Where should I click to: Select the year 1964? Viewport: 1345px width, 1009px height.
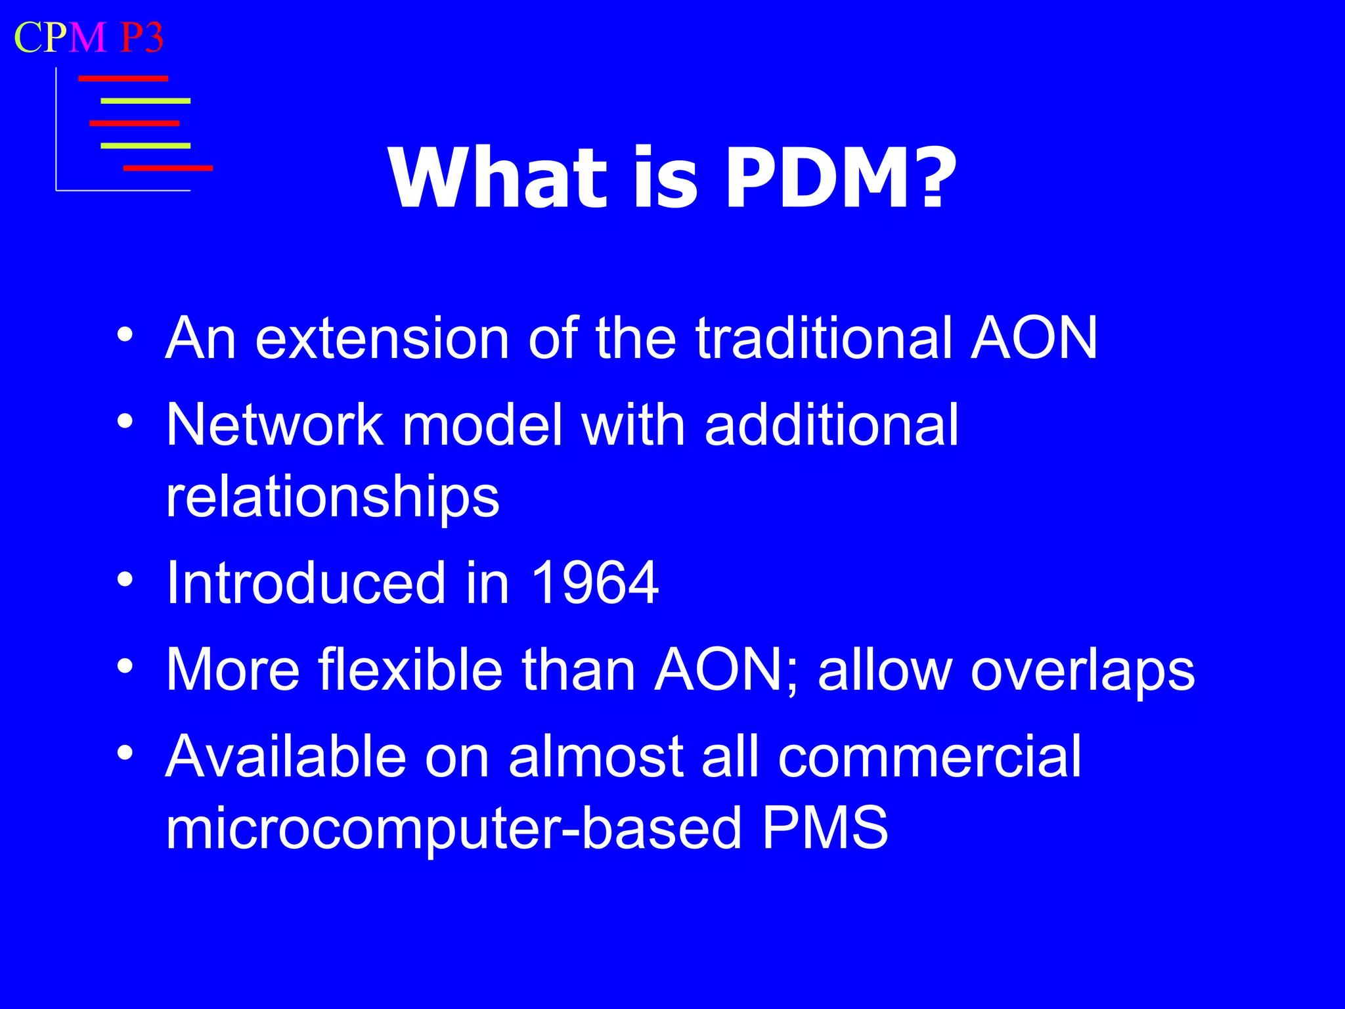(594, 583)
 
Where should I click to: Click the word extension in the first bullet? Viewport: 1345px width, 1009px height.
(382, 338)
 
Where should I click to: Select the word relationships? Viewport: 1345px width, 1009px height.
(332, 497)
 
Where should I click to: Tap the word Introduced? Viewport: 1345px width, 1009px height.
(306, 583)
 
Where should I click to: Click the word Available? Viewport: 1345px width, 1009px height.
(286, 757)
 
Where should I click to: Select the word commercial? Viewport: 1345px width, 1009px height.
(929, 757)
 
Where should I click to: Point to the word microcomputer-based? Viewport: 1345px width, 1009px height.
(454, 829)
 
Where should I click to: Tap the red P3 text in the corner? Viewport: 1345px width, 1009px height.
(142, 37)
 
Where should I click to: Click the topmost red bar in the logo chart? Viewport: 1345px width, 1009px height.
(123, 79)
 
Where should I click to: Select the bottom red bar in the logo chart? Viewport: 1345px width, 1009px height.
(168, 168)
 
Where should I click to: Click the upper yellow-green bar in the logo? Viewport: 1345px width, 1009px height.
(145, 101)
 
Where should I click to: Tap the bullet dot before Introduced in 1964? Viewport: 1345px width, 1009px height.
(125, 580)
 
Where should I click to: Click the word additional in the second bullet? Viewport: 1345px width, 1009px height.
(831, 425)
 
